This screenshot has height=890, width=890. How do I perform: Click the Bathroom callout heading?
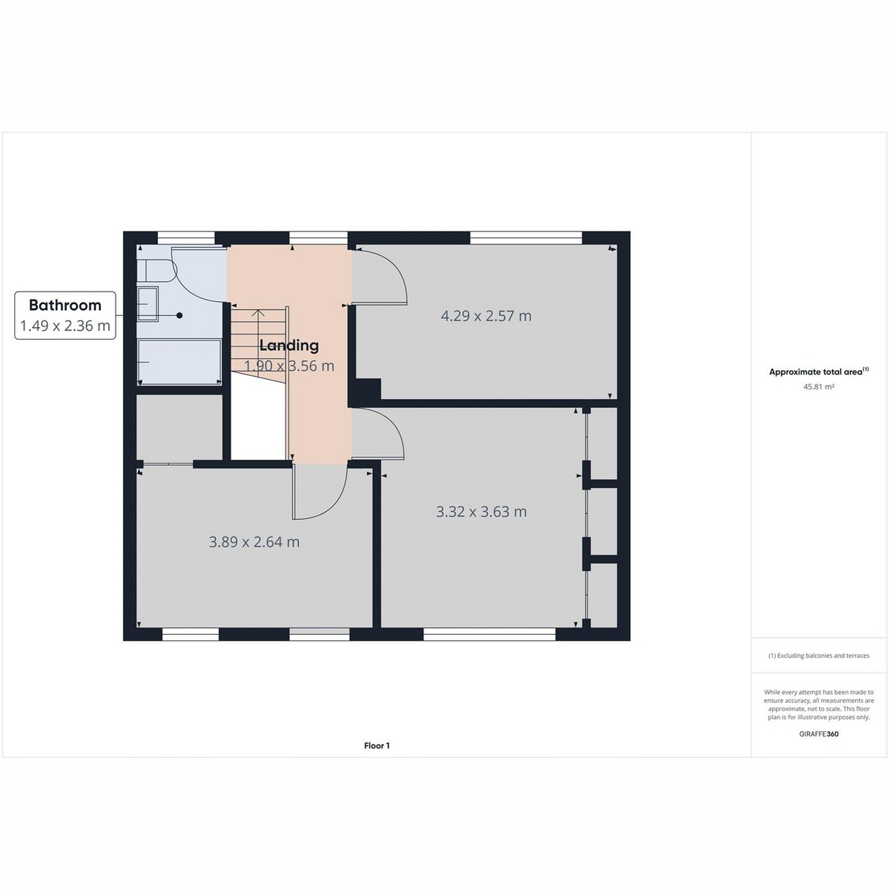point(65,305)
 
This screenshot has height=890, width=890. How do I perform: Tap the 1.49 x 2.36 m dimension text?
point(65,326)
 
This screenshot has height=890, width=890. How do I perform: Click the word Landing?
point(289,346)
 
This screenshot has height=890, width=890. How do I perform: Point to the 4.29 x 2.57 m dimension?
point(486,316)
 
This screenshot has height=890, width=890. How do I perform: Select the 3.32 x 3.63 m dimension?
point(481,512)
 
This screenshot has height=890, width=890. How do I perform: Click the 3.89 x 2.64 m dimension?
point(254,541)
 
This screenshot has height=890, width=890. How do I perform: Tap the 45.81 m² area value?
point(818,386)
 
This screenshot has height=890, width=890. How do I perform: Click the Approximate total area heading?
point(818,372)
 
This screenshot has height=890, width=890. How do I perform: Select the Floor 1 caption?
point(377,745)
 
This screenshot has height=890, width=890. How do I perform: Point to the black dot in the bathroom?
point(179,315)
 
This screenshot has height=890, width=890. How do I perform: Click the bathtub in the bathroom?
point(179,362)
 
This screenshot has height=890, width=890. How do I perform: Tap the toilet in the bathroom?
point(156,271)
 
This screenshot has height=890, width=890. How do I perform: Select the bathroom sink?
point(148,304)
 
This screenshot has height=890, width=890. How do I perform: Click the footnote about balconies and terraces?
point(818,656)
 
